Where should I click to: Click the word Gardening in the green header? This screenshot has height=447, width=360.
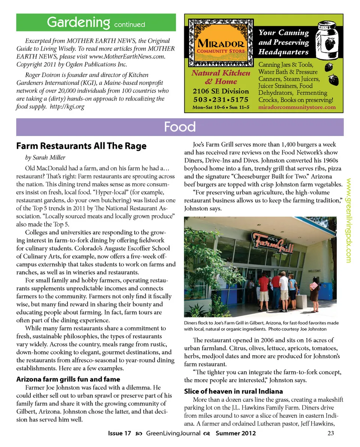(x=78, y=22)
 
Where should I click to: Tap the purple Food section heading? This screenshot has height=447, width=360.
(x=180, y=127)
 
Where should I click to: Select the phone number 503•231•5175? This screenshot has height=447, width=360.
(x=221, y=100)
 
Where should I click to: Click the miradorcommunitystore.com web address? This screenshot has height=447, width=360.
(x=297, y=107)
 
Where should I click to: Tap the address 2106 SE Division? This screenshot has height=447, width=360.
(x=221, y=91)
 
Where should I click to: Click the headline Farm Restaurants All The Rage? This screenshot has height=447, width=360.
(x=81, y=146)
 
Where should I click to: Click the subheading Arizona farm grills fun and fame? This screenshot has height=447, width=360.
(x=68, y=379)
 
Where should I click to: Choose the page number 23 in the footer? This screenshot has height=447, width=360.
(x=330, y=434)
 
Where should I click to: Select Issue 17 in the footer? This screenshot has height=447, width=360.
(x=119, y=434)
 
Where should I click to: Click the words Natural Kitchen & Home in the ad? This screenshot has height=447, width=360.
(x=221, y=77)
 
